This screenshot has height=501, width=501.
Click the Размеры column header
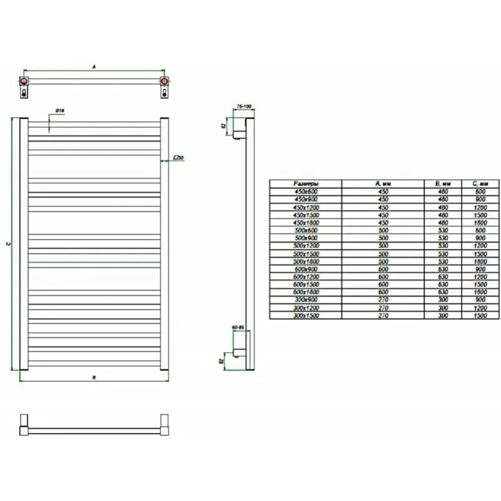click(x=306, y=183)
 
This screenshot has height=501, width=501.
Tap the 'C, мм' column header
click(x=479, y=183)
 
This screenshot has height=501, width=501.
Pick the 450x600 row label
click(x=306, y=191)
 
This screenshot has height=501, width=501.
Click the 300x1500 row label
click(x=306, y=316)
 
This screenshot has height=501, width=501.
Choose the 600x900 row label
click(x=306, y=269)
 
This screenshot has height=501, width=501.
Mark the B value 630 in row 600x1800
click(x=443, y=292)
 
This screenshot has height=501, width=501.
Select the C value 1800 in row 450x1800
click(x=479, y=222)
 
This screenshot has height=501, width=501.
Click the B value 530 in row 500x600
click(x=443, y=230)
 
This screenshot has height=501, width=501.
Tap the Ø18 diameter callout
click(x=60, y=111)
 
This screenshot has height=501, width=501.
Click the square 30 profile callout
click(x=178, y=158)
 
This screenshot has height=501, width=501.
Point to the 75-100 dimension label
click(x=243, y=108)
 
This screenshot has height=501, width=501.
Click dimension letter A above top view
click(x=93, y=65)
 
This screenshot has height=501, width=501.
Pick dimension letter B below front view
click(x=93, y=378)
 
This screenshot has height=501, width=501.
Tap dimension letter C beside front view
click(x=7, y=244)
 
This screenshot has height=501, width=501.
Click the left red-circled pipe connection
click(x=24, y=81)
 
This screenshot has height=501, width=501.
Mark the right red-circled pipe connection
click(x=164, y=81)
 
